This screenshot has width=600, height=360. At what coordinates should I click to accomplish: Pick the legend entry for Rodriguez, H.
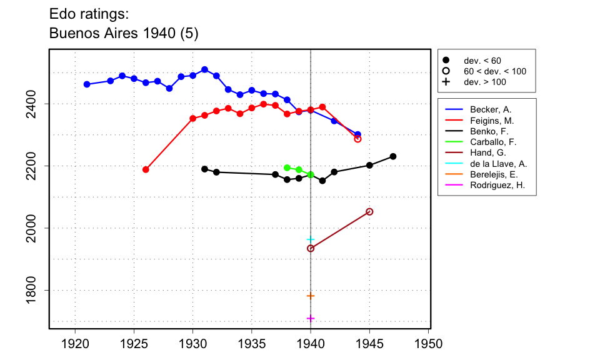pyautogui.click(x=497, y=186)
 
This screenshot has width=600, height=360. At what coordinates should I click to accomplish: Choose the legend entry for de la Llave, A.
pyautogui.click(x=498, y=164)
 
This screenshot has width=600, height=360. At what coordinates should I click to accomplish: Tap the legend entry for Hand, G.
pyautogui.click(x=484, y=152)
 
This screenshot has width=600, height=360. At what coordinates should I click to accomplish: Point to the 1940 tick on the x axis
pyautogui.click(x=311, y=329)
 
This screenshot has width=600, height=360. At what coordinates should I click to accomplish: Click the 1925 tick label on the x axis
pyautogui.click(x=134, y=344)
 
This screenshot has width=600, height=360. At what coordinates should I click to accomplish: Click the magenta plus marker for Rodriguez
pyautogui.click(x=311, y=319)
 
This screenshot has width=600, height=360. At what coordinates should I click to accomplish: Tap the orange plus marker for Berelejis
pyautogui.click(x=311, y=296)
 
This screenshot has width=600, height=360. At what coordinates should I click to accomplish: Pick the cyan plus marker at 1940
pyautogui.click(x=311, y=239)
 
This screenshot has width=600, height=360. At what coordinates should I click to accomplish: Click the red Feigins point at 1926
pyautogui.click(x=146, y=169)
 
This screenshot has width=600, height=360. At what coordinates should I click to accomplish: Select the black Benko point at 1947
pyautogui.click(x=393, y=156)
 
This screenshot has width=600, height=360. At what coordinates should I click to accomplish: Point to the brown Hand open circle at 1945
pyautogui.click(x=369, y=212)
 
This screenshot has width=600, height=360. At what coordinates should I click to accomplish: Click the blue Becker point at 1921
pyautogui.click(x=87, y=84)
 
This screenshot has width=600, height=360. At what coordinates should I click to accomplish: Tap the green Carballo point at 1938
pyautogui.click(x=287, y=167)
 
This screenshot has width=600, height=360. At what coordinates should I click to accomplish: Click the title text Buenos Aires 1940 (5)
pyautogui.click(x=124, y=34)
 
